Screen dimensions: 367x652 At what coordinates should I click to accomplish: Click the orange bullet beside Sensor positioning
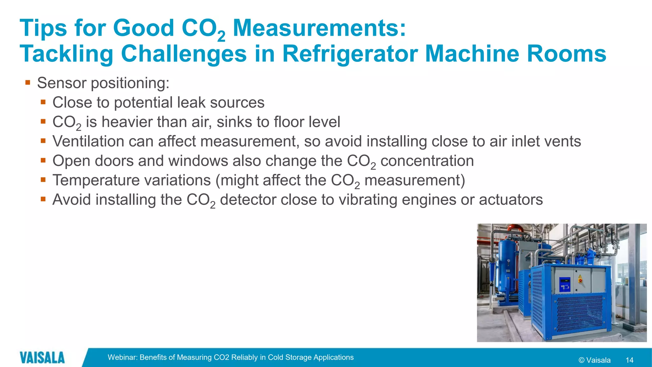[x=28, y=83]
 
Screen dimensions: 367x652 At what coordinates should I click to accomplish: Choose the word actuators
[x=511, y=200]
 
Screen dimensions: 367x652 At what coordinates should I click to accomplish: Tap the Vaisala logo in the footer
[x=42, y=357]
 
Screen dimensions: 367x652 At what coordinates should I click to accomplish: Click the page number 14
[x=629, y=360]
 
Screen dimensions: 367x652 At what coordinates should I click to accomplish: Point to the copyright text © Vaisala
[x=594, y=360]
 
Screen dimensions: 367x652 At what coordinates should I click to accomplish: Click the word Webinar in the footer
[x=122, y=357]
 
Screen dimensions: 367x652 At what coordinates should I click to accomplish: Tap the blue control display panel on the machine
[x=565, y=284]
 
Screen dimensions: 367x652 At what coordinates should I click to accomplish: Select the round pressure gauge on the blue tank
[x=509, y=261]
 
